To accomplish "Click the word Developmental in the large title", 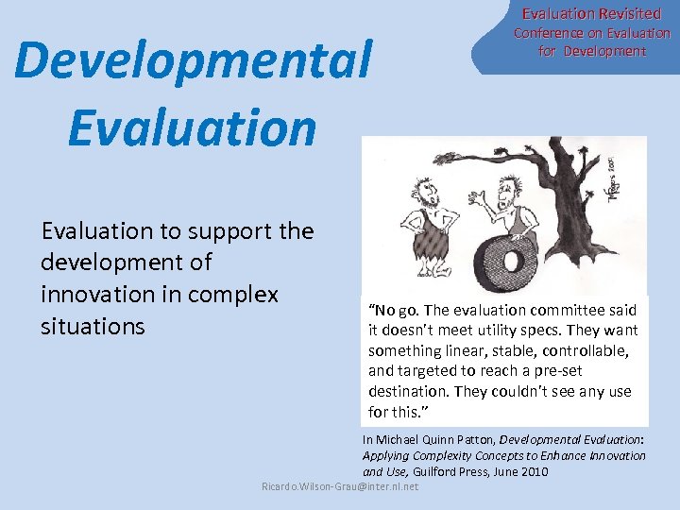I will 194,61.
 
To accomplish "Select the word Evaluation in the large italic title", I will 192,127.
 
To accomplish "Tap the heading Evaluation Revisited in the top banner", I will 591,13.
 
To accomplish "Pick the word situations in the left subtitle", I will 93,327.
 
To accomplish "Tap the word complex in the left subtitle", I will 235,295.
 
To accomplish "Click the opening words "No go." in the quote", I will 393,310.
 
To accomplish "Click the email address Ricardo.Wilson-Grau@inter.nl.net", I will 339,486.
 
